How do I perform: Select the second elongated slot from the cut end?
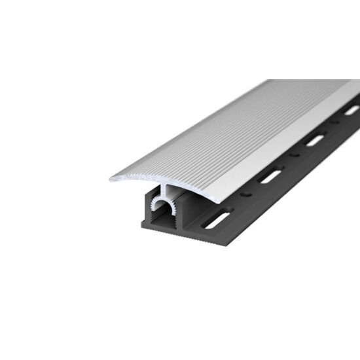click(x=270, y=177)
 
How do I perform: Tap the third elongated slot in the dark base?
click(x=315, y=139)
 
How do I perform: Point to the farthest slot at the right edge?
click(x=351, y=110)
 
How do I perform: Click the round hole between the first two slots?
click(x=247, y=195)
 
